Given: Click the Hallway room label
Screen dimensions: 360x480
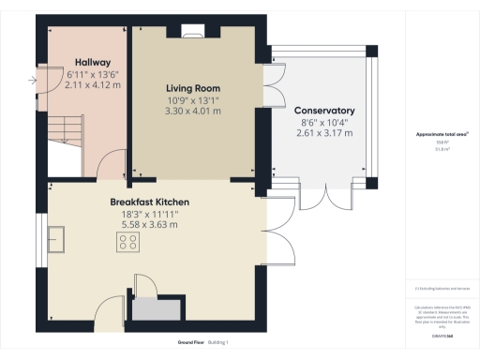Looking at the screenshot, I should [93, 62].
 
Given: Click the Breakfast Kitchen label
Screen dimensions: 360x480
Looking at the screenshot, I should [150, 202].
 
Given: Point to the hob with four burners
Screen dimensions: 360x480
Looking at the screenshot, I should [129, 242].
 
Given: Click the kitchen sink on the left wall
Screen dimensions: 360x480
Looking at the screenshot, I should [57, 239].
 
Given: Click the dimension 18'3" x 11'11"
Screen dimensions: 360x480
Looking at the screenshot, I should [150, 215].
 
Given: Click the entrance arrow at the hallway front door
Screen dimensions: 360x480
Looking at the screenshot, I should [35, 82].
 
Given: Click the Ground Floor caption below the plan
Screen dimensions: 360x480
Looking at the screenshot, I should [192, 343].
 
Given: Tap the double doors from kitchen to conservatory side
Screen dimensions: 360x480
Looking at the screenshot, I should [273, 221].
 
